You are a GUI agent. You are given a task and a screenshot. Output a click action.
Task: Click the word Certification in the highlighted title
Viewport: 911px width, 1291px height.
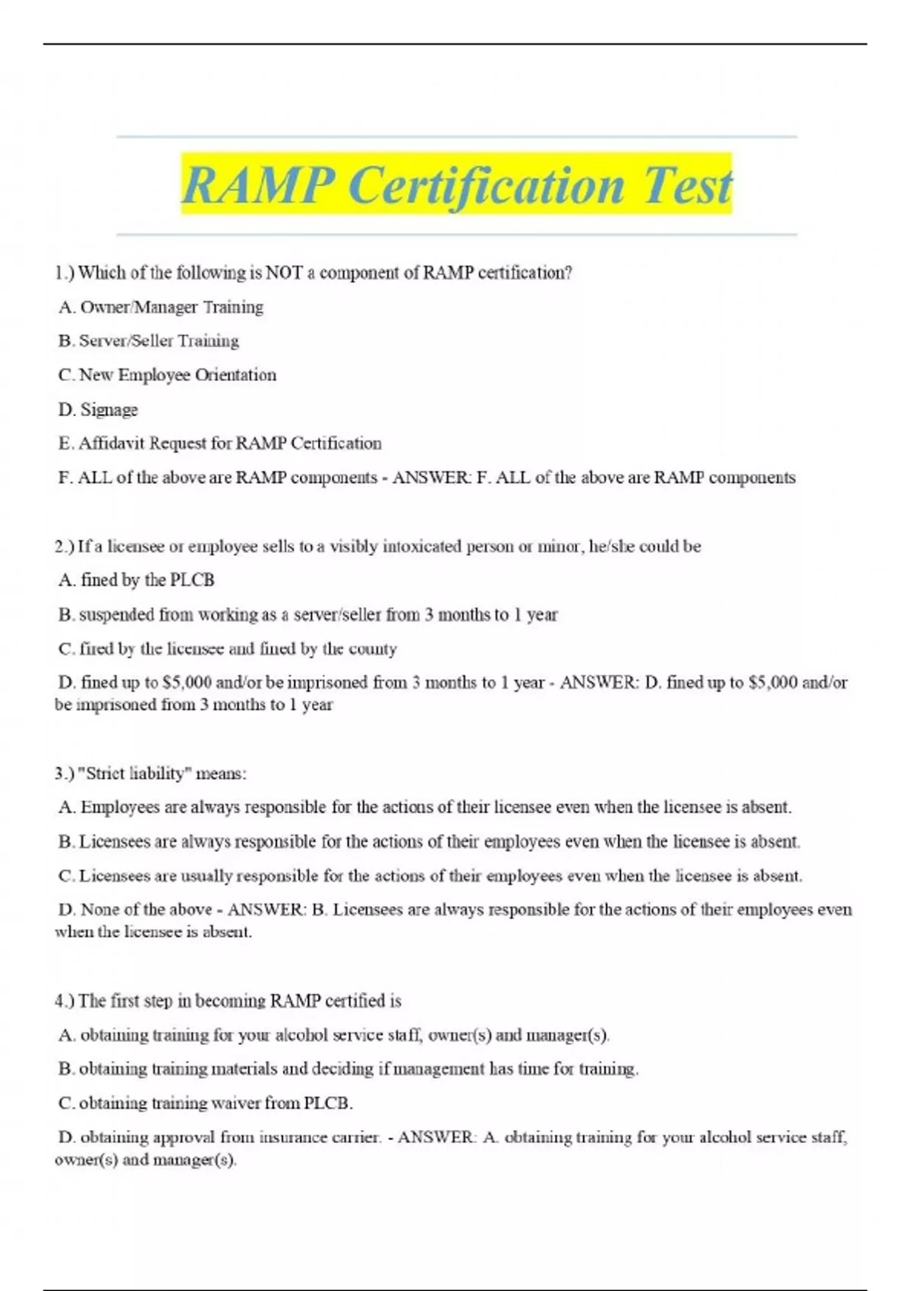(x=486, y=185)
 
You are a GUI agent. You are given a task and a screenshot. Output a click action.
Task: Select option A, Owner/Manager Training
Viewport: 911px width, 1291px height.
(x=161, y=307)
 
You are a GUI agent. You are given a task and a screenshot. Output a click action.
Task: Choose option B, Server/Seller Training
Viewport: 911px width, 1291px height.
(x=149, y=341)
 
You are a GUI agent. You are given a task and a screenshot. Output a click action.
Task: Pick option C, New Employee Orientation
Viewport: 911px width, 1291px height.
(x=167, y=375)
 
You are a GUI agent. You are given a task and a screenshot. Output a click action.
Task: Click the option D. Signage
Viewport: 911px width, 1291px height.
(x=98, y=409)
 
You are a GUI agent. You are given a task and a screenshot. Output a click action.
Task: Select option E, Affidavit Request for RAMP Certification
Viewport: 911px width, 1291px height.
(x=219, y=443)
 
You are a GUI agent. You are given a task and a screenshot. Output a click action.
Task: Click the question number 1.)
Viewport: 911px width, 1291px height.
(x=65, y=273)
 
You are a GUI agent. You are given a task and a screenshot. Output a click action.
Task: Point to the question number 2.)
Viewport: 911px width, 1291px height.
(x=65, y=546)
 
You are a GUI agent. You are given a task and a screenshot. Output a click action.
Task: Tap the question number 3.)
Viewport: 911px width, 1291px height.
(x=65, y=773)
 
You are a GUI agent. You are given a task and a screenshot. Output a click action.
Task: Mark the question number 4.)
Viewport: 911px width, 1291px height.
(x=65, y=1001)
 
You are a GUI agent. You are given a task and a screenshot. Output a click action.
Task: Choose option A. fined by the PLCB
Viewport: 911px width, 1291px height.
(x=137, y=580)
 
